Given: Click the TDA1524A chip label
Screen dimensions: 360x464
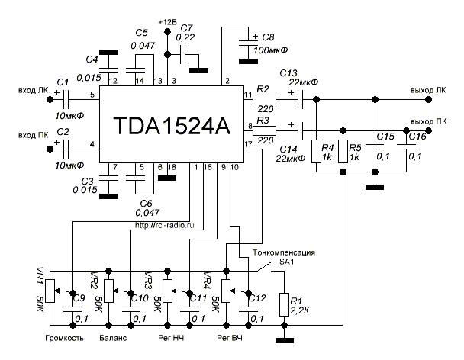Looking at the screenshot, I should tap(170, 125).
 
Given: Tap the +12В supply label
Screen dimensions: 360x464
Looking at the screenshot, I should tap(167, 21).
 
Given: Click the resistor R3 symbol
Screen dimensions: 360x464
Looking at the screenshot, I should tap(265, 128).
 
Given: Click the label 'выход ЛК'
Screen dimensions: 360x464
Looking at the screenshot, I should tap(428, 89).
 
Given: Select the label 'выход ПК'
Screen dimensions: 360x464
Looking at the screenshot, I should tap(428, 121).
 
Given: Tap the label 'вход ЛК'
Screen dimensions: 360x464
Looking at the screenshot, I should tap(31, 89).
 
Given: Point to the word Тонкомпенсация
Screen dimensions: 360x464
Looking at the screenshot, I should tap(277, 252).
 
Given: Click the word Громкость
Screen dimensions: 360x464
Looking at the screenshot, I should tap(63, 336).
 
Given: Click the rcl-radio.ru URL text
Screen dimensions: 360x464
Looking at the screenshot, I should tap(164, 226).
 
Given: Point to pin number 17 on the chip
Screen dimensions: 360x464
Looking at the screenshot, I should tap(247, 144).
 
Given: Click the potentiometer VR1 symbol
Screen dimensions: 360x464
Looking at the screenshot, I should tap(50, 291).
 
